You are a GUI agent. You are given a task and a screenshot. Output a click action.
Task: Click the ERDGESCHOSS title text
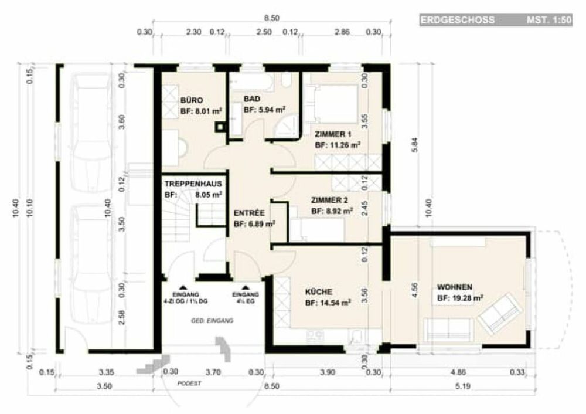[x=458, y=21]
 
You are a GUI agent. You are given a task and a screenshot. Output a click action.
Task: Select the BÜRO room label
[x=192, y=100]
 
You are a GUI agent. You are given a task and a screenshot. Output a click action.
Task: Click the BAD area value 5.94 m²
[x=264, y=110]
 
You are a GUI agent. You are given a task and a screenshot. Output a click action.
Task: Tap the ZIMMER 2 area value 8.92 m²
[x=332, y=210]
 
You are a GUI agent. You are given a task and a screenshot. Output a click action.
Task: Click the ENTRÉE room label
[x=249, y=213]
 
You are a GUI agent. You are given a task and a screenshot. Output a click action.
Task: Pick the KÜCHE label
[x=319, y=291]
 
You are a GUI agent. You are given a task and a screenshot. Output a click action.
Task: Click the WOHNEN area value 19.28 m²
[x=460, y=298]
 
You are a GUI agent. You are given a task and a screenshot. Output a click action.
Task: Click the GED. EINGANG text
[x=213, y=321]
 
